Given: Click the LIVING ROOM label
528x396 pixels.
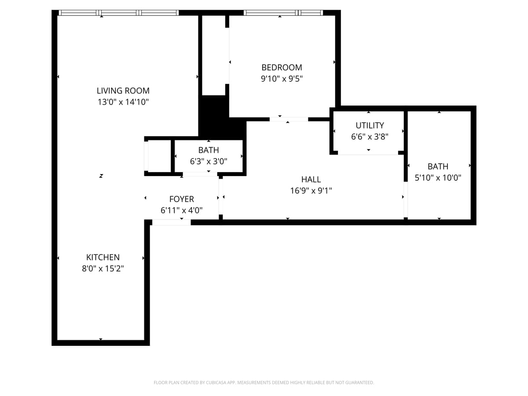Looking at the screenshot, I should click(x=123, y=91).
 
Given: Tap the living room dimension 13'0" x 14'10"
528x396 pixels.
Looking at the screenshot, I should click(x=123, y=102).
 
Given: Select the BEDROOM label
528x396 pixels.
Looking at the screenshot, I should click(x=282, y=67).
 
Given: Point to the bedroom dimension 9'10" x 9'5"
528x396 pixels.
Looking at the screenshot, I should click(x=282, y=79).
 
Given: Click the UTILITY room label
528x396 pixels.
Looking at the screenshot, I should click(x=370, y=125).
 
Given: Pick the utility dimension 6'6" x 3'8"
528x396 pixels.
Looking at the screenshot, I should click(x=370, y=137).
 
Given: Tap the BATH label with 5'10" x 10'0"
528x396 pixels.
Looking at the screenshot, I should click(x=438, y=166).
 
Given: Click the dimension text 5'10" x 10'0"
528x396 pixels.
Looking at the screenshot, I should click(x=438, y=178).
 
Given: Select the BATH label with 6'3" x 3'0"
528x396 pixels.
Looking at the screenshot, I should click(x=209, y=150).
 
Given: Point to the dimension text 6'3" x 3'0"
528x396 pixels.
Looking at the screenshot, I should click(x=209, y=161).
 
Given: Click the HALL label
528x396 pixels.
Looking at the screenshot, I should click(x=311, y=180).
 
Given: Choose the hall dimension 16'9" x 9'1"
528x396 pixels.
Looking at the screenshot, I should click(x=311, y=191).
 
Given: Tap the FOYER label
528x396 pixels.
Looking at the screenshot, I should click(x=181, y=199).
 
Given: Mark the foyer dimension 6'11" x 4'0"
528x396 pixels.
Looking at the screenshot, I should click(x=181, y=211).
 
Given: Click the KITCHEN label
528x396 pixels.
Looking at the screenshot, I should click(x=103, y=257).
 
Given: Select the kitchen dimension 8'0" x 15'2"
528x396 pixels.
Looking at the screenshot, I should click(x=103, y=269).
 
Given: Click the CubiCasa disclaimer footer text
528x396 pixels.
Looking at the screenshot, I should click(x=264, y=383).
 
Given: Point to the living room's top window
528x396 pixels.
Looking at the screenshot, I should click(x=119, y=13).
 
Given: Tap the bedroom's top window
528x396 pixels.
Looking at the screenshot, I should click(x=283, y=13).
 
